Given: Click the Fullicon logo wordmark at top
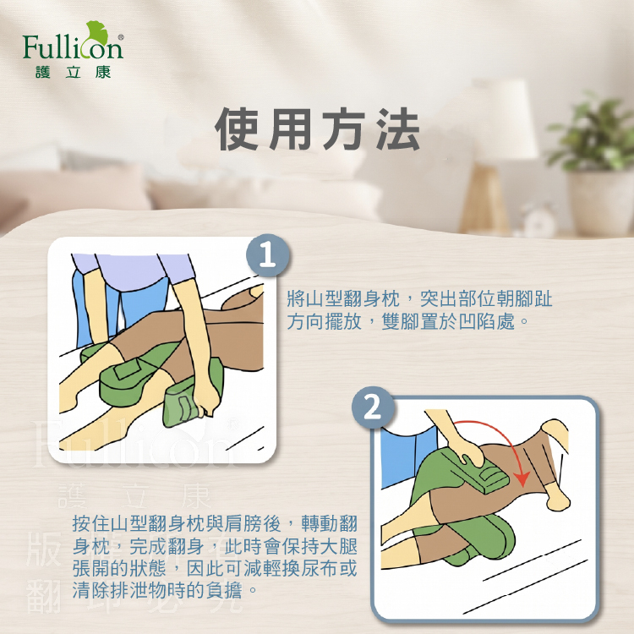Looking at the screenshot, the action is (73, 46).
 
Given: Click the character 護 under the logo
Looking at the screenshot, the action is (42, 73).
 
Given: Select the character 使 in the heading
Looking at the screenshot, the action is (237, 129).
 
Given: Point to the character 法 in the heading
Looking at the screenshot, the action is (398, 129).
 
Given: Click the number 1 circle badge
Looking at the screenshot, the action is (268, 255).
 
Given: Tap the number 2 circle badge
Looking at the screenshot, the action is (372, 407).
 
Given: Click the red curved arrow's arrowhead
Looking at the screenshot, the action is (522, 479).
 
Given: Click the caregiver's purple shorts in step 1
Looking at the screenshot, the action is (134, 271).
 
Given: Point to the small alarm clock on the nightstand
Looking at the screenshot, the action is (540, 221).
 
